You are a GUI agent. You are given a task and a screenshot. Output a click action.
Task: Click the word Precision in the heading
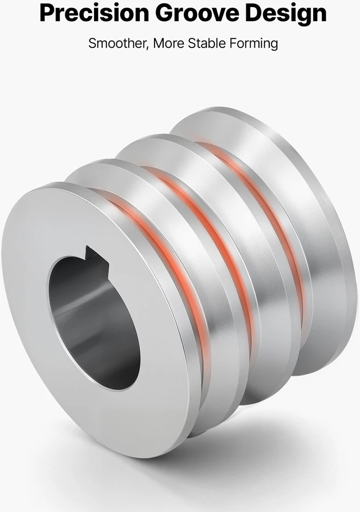coord(94,13)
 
